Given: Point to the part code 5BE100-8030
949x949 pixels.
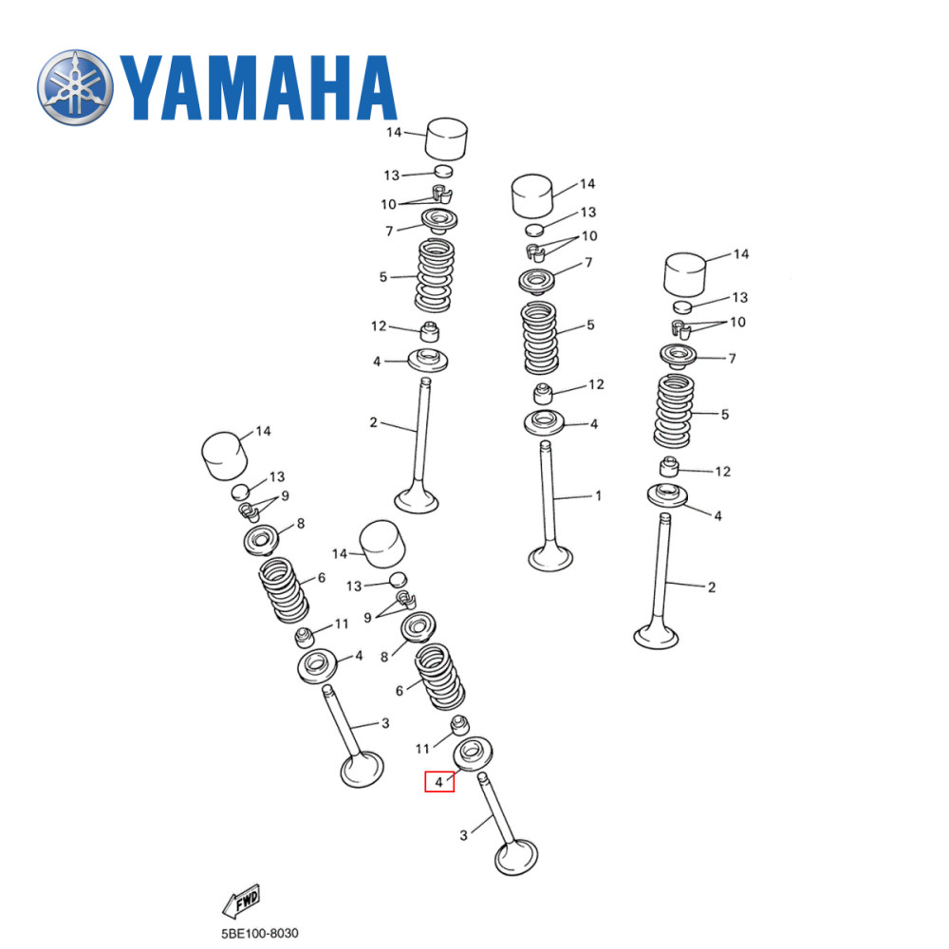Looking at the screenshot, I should click(252, 934).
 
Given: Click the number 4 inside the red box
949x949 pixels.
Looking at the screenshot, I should click(438, 783).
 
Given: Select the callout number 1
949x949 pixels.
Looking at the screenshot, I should click(598, 495).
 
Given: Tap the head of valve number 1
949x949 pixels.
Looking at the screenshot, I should click(550, 556).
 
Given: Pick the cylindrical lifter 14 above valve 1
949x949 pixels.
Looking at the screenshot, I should click(532, 197).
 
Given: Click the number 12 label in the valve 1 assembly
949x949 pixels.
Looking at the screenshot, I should click(595, 384).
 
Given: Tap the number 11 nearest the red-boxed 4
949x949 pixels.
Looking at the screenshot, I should click(422, 749).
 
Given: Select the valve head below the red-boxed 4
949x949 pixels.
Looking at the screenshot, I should click(516, 860).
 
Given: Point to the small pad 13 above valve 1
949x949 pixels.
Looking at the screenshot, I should click(534, 230).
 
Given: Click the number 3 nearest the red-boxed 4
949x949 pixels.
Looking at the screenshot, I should click(463, 836).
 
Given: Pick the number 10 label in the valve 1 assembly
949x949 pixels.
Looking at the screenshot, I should click(588, 235).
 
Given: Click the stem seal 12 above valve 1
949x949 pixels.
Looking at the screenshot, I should click(544, 393).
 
